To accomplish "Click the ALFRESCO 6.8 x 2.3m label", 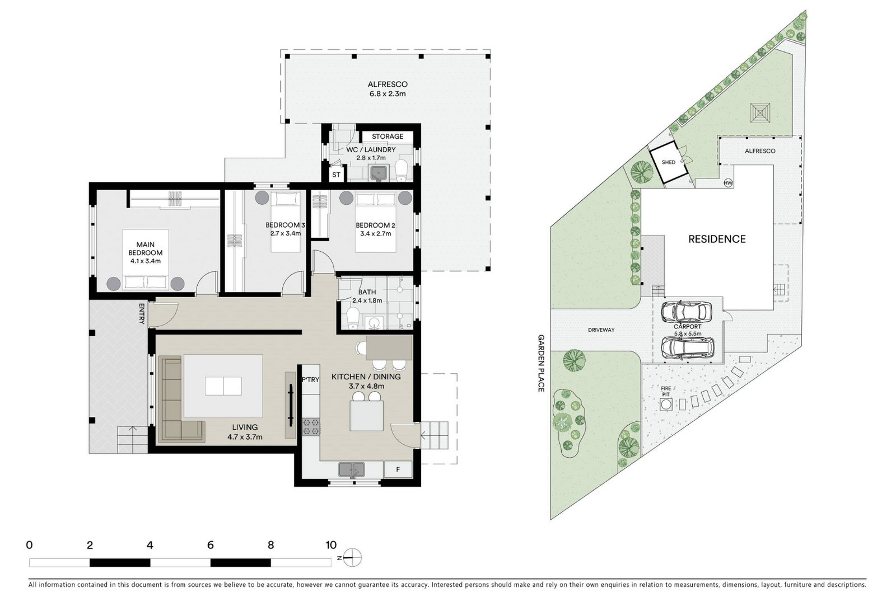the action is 387,89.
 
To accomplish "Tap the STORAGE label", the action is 387,137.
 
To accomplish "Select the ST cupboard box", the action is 337,175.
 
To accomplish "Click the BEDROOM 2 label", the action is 375,225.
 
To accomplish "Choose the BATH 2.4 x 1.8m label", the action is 367,296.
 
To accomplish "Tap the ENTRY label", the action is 141,313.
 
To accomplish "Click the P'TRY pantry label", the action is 310,379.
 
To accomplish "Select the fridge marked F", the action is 398,469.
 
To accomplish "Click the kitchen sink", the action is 352,469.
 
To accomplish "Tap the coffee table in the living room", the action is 223,386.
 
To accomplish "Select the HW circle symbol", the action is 728,183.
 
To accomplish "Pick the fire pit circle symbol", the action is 666,405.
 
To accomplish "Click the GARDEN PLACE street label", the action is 541,363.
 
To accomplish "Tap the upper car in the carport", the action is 687,312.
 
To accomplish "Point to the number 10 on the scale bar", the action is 331,544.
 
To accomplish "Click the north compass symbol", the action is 352,558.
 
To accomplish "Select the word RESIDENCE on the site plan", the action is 717,239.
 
